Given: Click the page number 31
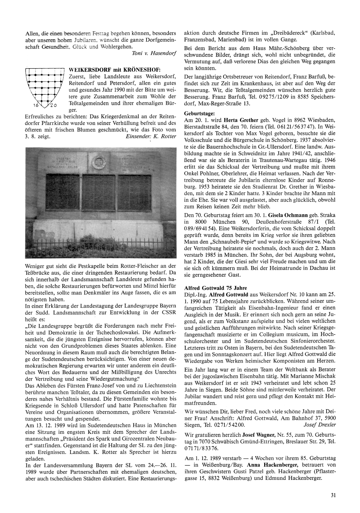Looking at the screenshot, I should (x=333, y=495).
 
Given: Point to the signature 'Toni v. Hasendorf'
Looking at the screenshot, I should (x=154, y=53).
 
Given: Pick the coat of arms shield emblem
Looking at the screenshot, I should (x=44, y=86).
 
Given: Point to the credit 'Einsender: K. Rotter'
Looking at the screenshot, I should (x=151, y=136).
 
